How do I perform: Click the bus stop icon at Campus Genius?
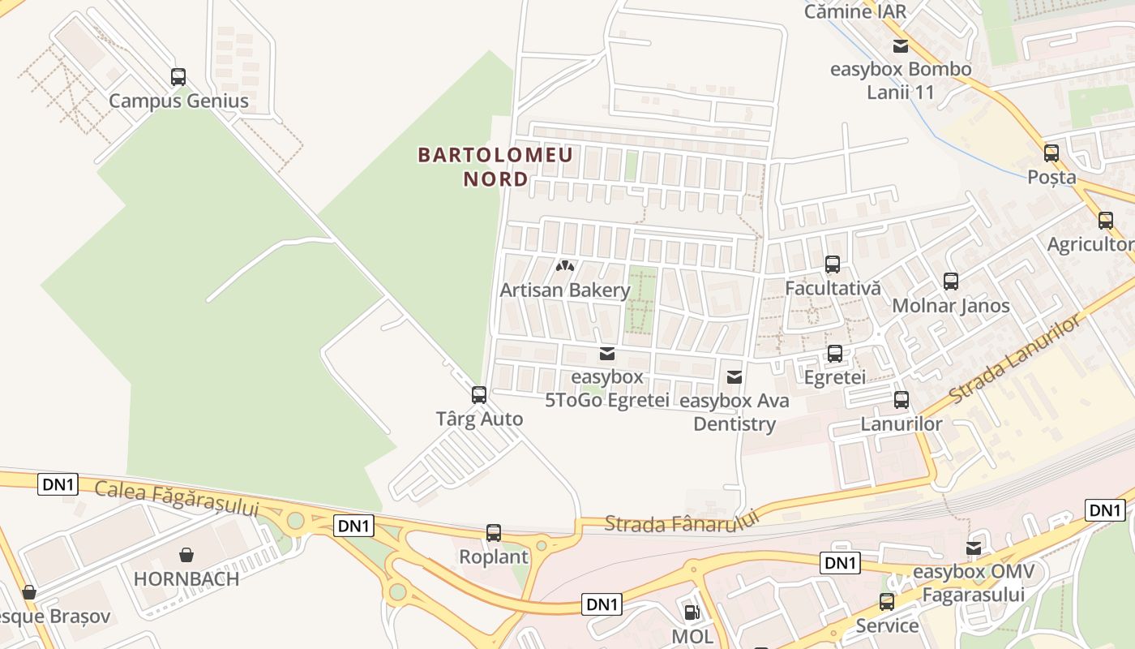[x=178, y=77]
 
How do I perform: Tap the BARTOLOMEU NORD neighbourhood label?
[x=495, y=166]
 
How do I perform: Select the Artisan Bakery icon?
[x=565, y=265]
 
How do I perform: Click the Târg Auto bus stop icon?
[x=479, y=395]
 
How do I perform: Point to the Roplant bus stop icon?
[x=494, y=533]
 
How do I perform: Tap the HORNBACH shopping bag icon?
[x=186, y=555]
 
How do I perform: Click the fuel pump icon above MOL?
[x=692, y=612]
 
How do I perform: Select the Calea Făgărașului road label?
[x=176, y=497]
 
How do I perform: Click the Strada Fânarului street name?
[x=681, y=522]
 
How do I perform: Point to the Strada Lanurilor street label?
[x=1015, y=359]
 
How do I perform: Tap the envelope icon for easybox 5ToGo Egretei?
[x=606, y=354]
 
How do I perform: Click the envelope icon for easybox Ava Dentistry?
[x=735, y=376]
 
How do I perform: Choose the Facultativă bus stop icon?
[x=833, y=264]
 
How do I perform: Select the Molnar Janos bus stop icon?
[x=951, y=282]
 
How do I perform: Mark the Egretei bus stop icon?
[x=835, y=354]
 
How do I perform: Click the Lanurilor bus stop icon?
[x=902, y=400]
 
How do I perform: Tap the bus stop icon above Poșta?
[x=1051, y=153]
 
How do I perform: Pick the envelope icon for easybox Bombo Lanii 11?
[x=900, y=46]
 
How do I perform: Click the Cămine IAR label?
[x=854, y=11]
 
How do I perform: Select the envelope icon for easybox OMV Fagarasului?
[x=973, y=549]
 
